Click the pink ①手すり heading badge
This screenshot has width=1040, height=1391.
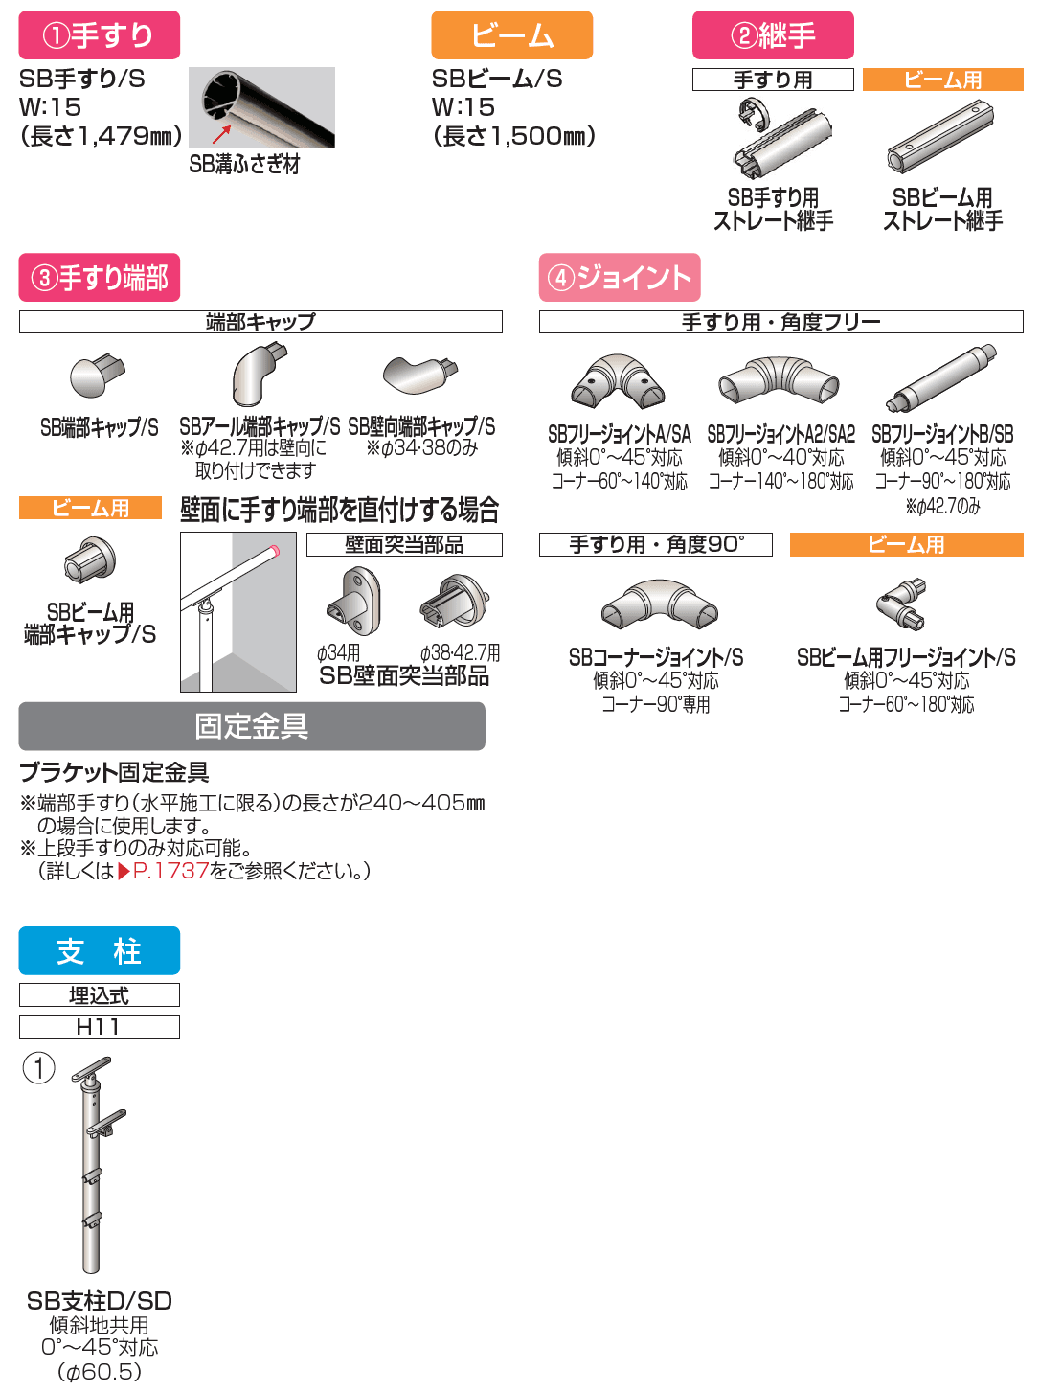point(100,34)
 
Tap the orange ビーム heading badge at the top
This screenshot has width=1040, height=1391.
point(511,34)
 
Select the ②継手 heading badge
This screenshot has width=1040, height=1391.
point(773,34)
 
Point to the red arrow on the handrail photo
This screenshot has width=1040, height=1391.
point(221,134)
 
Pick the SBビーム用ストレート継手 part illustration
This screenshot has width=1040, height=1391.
point(939,136)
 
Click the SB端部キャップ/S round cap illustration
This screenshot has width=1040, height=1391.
point(97,375)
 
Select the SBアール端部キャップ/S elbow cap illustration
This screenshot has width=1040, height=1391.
point(259,375)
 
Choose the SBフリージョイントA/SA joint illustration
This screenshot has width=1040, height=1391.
point(618,381)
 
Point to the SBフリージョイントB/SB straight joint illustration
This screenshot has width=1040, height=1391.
point(940,379)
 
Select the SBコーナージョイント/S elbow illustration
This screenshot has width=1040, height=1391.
point(660,604)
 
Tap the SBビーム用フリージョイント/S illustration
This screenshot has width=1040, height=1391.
point(902,604)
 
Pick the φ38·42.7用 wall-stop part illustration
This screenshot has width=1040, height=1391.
point(454,601)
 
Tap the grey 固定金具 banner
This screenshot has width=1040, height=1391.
point(252,726)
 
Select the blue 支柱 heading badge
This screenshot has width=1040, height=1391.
point(100,950)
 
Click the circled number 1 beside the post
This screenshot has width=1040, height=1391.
point(38,1068)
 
